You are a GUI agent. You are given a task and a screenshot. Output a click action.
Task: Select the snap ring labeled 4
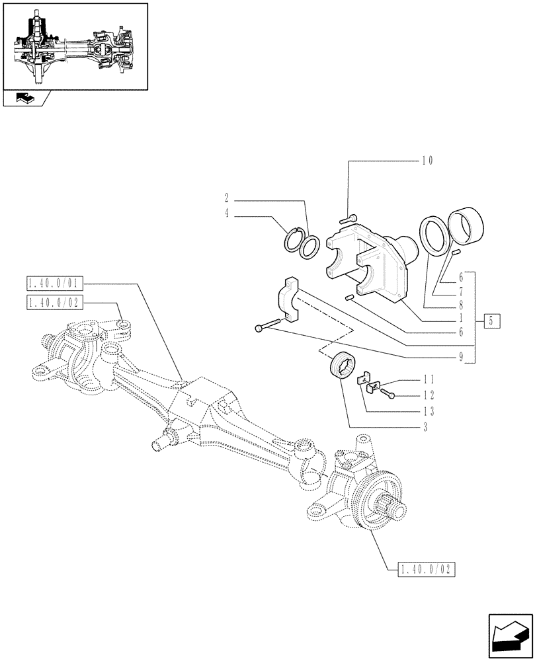[x=293, y=239]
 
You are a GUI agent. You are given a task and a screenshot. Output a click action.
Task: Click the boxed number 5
[x=491, y=322]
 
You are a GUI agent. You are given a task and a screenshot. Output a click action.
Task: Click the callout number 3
[x=425, y=428]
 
